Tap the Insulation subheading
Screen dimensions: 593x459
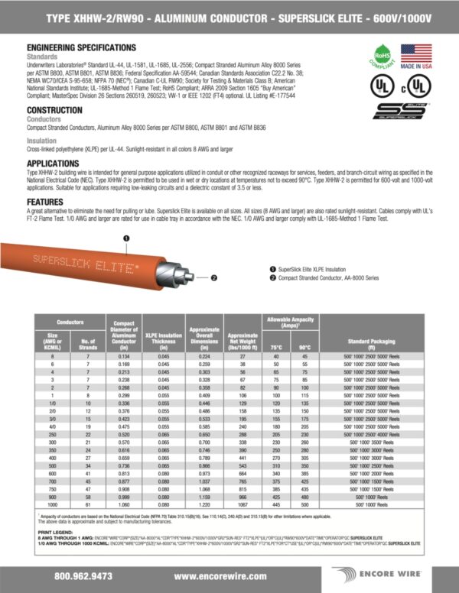41,141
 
